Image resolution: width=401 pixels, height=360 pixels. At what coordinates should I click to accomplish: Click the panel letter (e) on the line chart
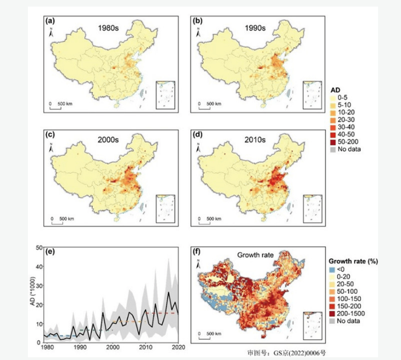point(50,253)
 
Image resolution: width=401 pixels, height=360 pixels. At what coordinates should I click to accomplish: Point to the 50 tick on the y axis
point(39,247)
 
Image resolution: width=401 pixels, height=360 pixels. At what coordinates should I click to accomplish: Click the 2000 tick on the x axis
point(113,347)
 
